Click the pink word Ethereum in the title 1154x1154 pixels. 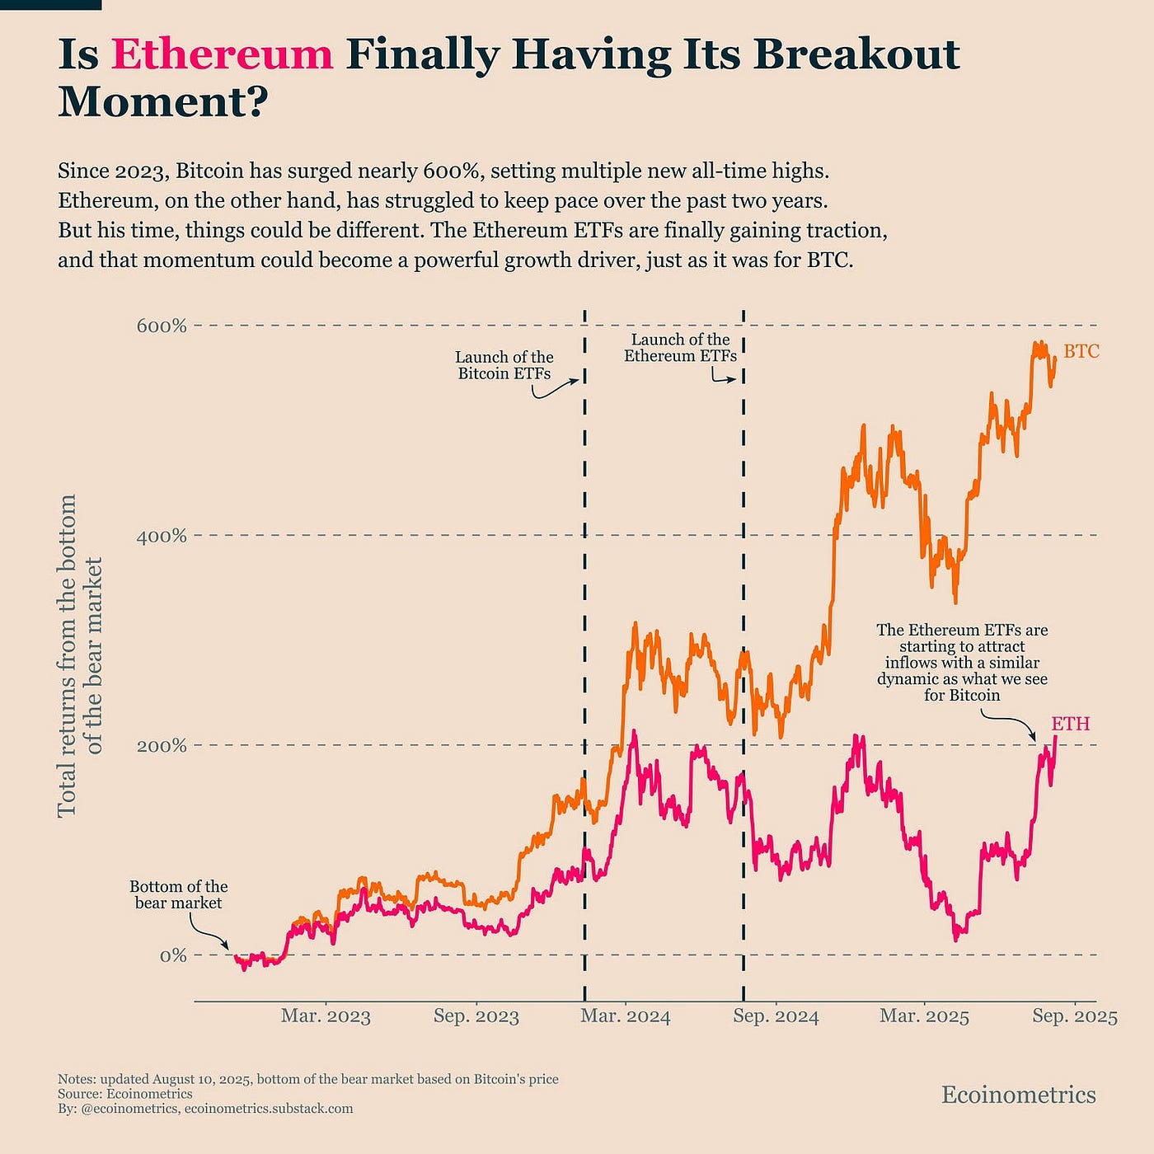pos(222,54)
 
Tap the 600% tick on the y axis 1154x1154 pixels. pos(162,326)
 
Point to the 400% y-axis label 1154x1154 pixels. pos(162,536)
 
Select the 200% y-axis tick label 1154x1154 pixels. pos(162,746)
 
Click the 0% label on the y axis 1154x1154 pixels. pos(172,956)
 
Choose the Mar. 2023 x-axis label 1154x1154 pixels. pos(326,1016)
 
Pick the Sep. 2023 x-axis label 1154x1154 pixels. pos(476,1016)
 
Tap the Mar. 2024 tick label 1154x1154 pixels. pos(626,1016)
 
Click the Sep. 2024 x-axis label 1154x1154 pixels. pos(776,1016)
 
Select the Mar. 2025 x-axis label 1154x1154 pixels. pos(924,1016)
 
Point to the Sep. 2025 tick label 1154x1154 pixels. pos(1075,1016)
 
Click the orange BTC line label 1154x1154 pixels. pos(1081,352)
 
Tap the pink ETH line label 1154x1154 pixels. pos(1070,724)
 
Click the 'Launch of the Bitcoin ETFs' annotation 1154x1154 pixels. pos(504,365)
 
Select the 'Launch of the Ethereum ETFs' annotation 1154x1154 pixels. pos(680,348)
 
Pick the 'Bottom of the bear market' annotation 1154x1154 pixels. pos(178,894)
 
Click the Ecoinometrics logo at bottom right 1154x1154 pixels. pos(1018,1095)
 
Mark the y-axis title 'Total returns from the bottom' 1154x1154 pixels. pos(67,655)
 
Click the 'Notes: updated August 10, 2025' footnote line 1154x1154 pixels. pos(307,1079)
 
